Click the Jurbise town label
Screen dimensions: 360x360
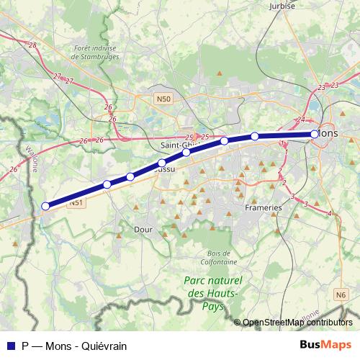[283, 6]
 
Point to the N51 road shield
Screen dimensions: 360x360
[77, 204]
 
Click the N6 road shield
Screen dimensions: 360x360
[341, 294]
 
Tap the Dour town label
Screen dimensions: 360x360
[143, 230]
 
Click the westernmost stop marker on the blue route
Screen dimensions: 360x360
[45, 206]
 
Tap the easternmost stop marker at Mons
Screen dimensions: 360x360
[315, 134]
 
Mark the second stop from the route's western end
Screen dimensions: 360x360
[107, 185]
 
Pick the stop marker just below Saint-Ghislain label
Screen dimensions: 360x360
[186, 152]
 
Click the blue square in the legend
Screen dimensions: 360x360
[9, 345]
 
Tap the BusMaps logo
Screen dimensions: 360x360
[325, 344]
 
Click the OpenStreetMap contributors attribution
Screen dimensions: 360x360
[297, 323]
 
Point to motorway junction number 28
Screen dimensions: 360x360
[32, 45]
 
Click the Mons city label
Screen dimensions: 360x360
[328, 133]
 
